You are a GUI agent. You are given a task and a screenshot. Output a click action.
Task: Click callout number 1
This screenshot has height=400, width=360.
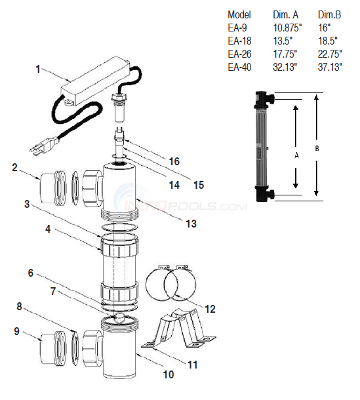pos(38,68)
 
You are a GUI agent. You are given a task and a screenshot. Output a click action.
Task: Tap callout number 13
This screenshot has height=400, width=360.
pos(191,224)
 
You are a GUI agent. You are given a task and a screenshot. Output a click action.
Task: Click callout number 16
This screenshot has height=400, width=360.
pos(174,161)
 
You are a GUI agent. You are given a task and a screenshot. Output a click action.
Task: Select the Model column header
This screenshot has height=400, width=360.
pos(239,14)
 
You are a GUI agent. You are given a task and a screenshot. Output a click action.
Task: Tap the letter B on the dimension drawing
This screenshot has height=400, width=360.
pos(318,148)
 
